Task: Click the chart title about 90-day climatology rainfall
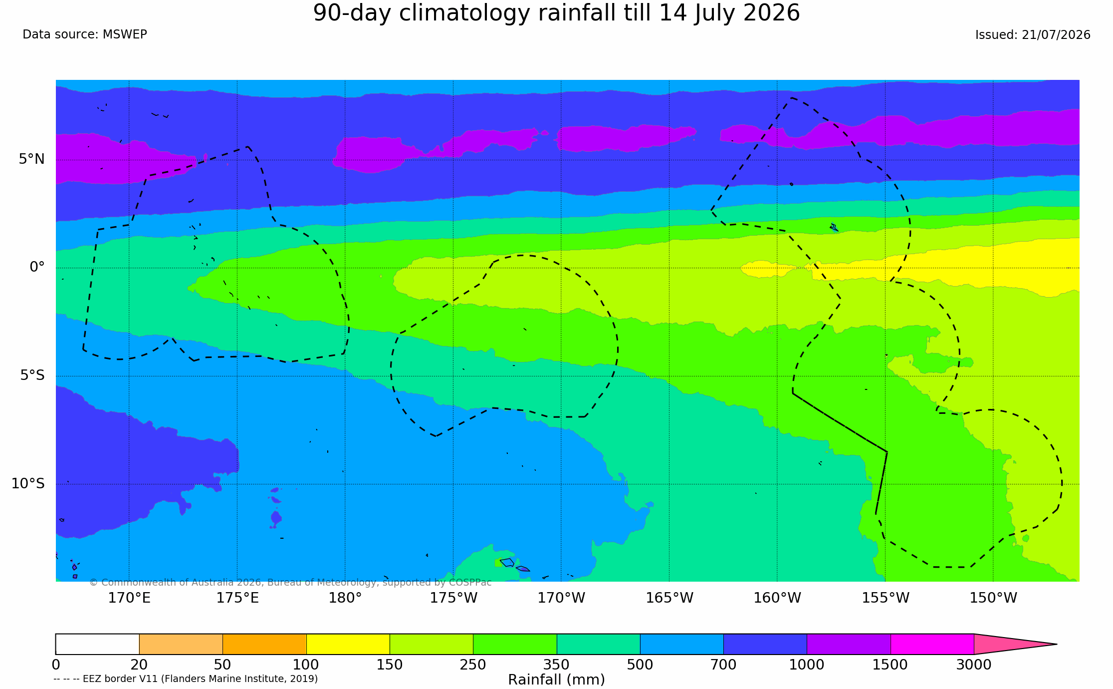pos(556,13)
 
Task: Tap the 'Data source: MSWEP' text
pos(85,34)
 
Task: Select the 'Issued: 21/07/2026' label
pos(1033,35)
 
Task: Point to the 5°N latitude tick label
pos(32,159)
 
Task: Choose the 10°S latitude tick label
pos(28,483)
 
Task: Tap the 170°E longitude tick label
pos(129,598)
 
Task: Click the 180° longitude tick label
pos(345,598)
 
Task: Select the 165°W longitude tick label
pos(669,598)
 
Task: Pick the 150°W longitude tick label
pos(993,598)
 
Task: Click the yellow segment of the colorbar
pos(348,644)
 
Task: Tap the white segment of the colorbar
pos(97,644)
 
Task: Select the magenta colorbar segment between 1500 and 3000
pos(932,644)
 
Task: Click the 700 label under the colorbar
pos(723,665)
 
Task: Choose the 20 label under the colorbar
pos(139,665)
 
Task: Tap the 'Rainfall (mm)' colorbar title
pos(556,680)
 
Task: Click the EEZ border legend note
pos(186,679)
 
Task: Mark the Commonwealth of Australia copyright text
pos(290,582)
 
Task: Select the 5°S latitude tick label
pos(32,375)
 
